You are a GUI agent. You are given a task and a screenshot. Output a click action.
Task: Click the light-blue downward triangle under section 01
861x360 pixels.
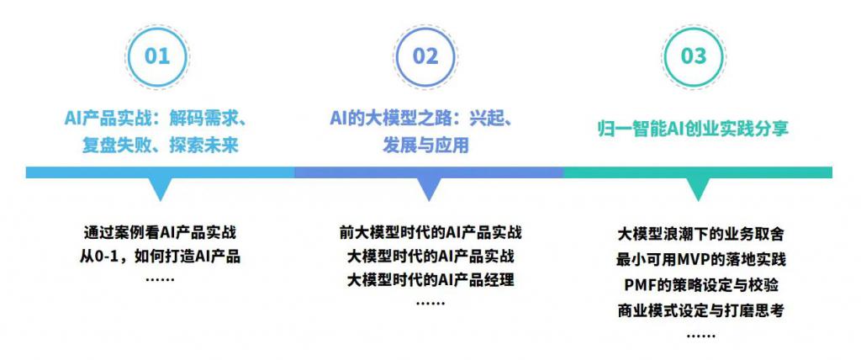(159, 188)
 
